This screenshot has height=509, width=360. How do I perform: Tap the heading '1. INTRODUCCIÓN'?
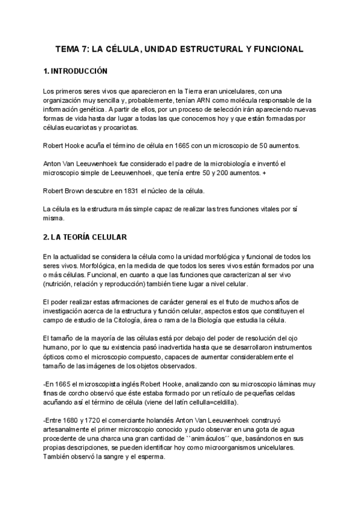75,71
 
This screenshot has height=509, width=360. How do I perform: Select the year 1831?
127,191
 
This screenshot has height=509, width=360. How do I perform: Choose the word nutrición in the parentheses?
62,283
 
